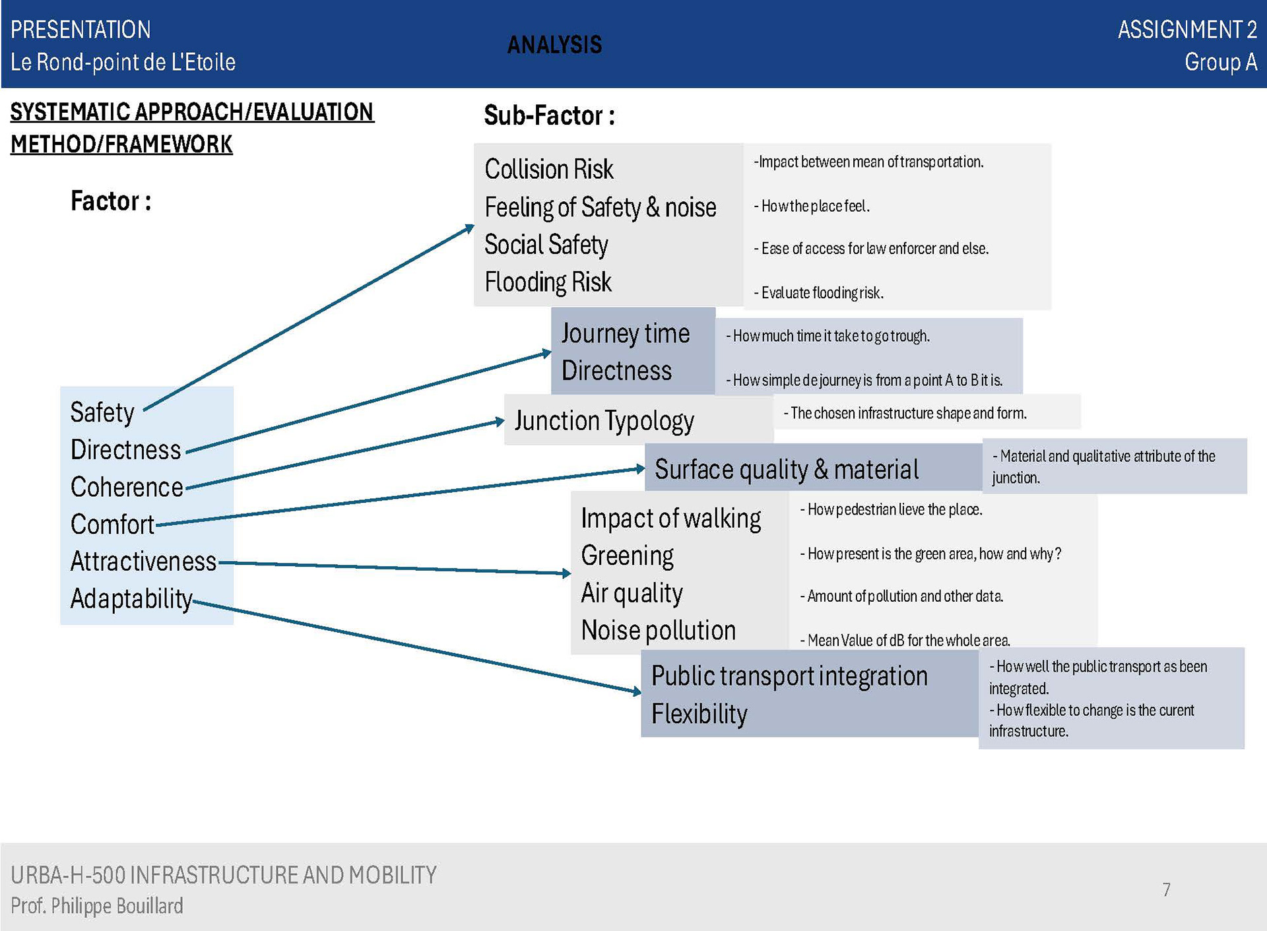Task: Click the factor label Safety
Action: click(102, 413)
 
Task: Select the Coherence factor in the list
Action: click(127, 488)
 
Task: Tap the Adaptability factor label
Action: click(131, 599)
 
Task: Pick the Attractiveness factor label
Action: click(143, 562)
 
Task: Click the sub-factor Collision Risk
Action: click(548, 170)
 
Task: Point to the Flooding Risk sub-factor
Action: click(548, 282)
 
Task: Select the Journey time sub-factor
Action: click(625, 334)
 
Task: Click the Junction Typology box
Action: click(604, 421)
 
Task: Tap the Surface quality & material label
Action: click(786, 469)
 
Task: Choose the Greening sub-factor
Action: click(627, 556)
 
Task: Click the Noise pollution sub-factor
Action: click(658, 631)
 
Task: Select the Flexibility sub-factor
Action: click(699, 714)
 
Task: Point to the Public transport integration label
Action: click(789, 676)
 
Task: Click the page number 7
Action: click(1166, 889)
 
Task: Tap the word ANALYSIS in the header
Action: click(554, 45)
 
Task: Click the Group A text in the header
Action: click(1220, 62)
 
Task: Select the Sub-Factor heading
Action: click(549, 115)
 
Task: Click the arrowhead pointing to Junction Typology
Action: click(500, 421)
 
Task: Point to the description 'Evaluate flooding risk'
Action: click(822, 293)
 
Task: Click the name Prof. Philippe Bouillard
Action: click(97, 906)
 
